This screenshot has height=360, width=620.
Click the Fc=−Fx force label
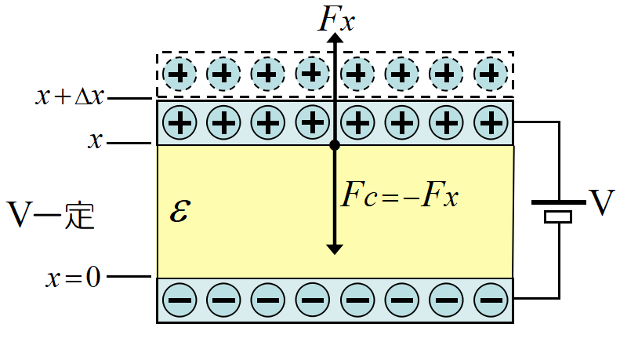399,195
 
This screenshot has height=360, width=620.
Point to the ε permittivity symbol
179,212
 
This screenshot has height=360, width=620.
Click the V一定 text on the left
50,213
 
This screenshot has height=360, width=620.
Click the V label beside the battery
601,204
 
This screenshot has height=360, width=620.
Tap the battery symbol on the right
559,209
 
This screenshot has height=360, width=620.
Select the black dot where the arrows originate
335,145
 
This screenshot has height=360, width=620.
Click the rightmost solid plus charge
491,122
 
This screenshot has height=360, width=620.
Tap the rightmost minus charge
491,299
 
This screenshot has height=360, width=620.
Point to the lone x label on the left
96,142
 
